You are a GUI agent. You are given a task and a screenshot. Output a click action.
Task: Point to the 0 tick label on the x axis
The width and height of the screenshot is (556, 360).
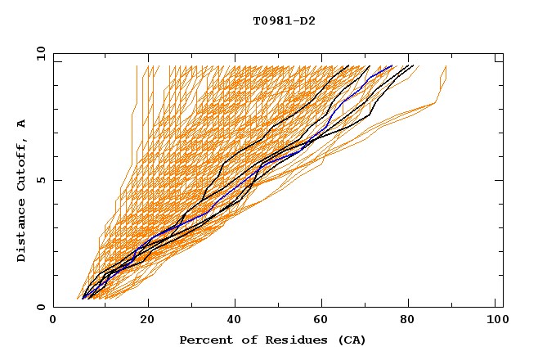point(53,320)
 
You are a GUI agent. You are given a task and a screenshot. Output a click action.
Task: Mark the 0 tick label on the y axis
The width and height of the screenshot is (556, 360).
point(41,307)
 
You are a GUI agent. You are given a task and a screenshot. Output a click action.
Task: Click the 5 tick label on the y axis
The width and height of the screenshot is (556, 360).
point(41,179)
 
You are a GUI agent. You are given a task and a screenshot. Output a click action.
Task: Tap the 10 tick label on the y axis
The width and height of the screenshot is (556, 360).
point(38,52)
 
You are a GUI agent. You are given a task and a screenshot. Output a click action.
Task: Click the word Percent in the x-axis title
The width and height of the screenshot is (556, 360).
point(204,340)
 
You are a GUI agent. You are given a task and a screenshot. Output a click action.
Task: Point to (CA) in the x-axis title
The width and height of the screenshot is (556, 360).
point(349,340)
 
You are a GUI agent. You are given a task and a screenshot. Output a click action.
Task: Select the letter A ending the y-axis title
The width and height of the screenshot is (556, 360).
point(21,123)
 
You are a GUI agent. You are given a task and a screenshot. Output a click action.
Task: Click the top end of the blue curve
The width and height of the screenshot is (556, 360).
point(392,65)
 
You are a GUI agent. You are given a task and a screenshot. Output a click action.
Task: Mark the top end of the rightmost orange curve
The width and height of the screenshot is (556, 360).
point(446,66)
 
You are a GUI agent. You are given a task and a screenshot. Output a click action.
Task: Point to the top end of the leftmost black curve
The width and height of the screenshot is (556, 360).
point(349,65)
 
